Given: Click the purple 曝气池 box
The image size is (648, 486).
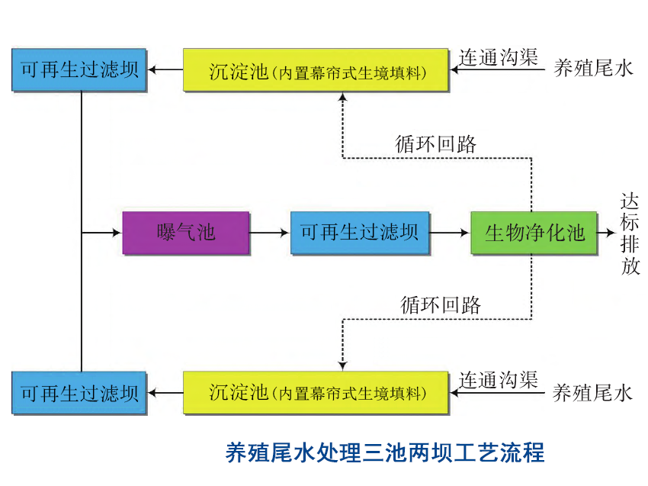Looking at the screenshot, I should tap(186, 232).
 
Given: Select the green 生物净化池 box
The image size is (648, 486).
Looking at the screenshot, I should tap(534, 232).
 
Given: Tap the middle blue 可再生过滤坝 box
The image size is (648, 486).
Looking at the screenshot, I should tap(359, 232).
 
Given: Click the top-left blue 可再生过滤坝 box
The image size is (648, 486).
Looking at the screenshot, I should tap(79, 70).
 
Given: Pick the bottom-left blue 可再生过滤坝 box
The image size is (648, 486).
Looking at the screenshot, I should tap(79, 393).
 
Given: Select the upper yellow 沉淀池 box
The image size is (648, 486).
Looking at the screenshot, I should tap(316, 70).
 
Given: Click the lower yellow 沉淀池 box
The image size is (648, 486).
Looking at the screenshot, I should tap(316, 393).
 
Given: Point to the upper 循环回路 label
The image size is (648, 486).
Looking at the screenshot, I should tap(436, 143).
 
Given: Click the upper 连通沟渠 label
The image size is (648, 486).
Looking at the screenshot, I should tap(499, 57).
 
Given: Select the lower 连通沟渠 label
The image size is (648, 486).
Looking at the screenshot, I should tap(499, 379).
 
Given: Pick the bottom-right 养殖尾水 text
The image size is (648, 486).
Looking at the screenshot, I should tap(592, 393).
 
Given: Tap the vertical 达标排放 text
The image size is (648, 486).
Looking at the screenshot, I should tap(630, 233).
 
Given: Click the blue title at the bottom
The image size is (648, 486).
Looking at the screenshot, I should tap(385, 452).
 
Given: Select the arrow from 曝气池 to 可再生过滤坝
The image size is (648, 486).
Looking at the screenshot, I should tap(270, 232).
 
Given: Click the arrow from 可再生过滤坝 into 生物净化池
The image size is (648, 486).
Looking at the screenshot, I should tap(449, 232).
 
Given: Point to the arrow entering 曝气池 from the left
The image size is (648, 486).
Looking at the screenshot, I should tap(102, 232).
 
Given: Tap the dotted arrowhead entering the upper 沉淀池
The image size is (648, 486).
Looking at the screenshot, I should tap(342, 98).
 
